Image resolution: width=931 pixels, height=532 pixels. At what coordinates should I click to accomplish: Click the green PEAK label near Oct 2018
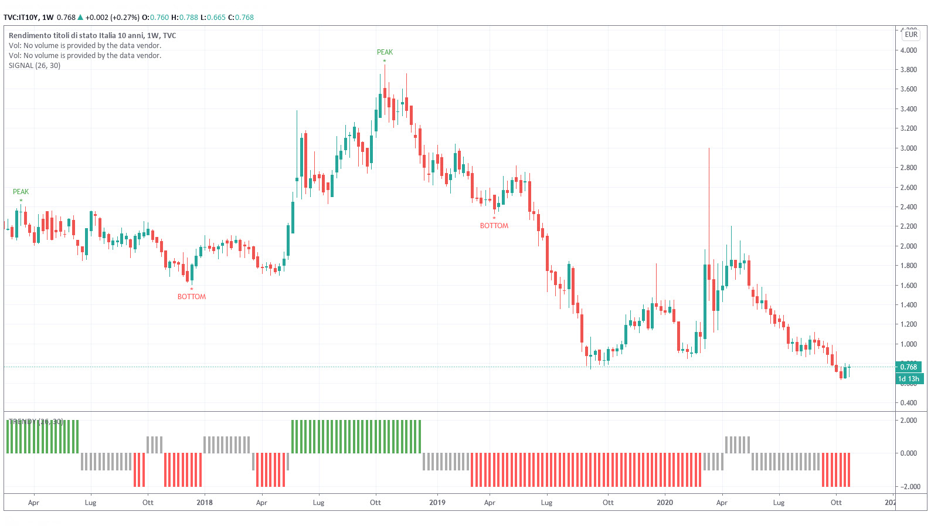pyautogui.click(x=385, y=52)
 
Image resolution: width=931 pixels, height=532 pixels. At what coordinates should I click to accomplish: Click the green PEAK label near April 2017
pyautogui.click(x=21, y=192)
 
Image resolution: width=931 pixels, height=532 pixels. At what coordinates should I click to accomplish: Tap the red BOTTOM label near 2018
pyautogui.click(x=192, y=297)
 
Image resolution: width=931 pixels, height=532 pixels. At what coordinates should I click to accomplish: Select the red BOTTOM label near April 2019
pyautogui.click(x=494, y=226)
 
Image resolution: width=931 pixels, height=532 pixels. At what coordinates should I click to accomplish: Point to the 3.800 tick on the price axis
pyautogui.click(x=908, y=70)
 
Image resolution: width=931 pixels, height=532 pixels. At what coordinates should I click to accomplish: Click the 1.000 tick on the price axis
pyautogui.click(x=908, y=344)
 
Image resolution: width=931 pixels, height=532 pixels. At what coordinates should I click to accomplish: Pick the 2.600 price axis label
pyautogui.click(x=908, y=188)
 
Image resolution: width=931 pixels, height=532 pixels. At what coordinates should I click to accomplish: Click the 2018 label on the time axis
pyautogui.click(x=205, y=503)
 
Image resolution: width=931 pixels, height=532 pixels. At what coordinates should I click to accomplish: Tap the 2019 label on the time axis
pyautogui.click(x=437, y=503)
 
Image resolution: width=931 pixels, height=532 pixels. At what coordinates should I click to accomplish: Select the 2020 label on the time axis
pyautogui.click(x=665, y=503)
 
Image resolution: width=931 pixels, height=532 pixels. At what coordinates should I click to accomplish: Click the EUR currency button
pyautogui.click(x=911, y=35)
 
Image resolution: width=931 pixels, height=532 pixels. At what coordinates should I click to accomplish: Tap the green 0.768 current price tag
pyautogui.click(x=908, y=367)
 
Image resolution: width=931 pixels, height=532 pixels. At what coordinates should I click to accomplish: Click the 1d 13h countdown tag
pyautogui.click(x=909, y=379)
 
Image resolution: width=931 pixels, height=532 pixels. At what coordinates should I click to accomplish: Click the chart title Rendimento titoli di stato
pyautogui.click(x=92, y=36)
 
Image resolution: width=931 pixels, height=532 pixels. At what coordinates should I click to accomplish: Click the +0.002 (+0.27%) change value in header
pyautogui.click(x=112, y=18)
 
